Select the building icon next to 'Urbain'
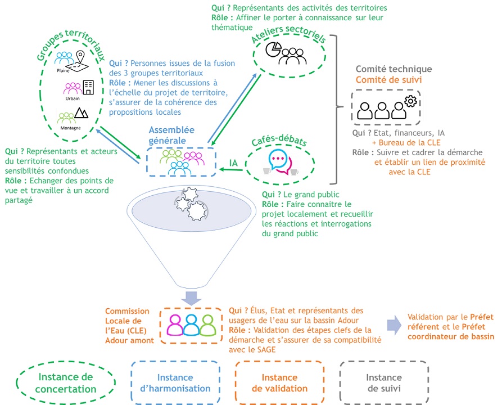[88, 87]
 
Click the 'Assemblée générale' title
[168, 136]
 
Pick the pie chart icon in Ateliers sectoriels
[273, 49]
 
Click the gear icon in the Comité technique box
[410, 100]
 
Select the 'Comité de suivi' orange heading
[388, 80]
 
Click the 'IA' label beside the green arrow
[233, 163]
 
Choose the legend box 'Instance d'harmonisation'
[175, 383]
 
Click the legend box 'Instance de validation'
[279, 383]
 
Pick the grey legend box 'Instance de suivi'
[384, 383]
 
